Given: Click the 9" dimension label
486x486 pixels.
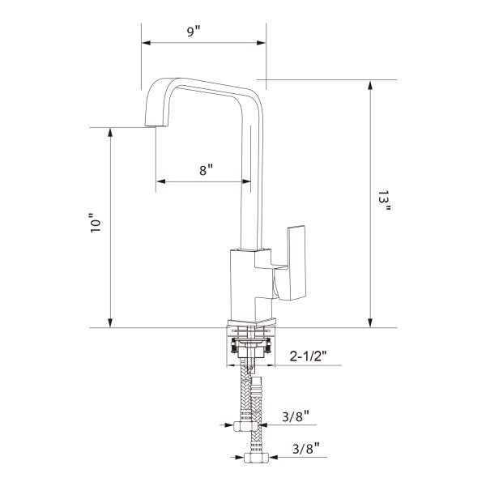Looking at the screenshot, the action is click(194, 32).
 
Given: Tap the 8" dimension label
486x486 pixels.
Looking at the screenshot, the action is click(206, 170).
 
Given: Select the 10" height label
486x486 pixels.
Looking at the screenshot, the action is click(96, 223).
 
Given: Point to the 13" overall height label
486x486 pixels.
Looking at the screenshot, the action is click(384, 201).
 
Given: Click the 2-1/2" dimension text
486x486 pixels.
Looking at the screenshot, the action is click(308, 356).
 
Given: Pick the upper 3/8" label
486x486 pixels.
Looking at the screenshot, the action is click(296, 416).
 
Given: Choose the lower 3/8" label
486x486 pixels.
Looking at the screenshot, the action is click(306, 448).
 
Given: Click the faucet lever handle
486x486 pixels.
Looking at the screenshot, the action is click(290, 262).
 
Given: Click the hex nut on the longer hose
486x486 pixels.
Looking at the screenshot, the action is click(256, 458).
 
